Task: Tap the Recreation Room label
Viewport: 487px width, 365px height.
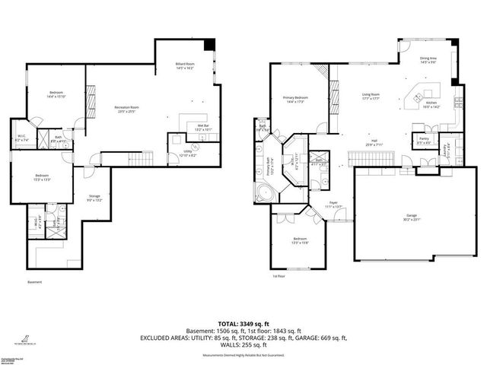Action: pyautogui.click(x=127, y=109)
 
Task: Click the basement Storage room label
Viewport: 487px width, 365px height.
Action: pyautogui.click(x=94, y=198)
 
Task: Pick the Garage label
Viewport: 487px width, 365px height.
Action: pyautogui.click(x=411, y=218)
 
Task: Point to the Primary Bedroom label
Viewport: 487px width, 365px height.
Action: pyautogui.click(x=296, y=99)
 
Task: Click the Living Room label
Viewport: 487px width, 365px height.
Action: pyautogui.click(x=371, y=96)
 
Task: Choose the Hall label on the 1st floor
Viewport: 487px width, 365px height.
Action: pyautogui.click(x=375, y=142)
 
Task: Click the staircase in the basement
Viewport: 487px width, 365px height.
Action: pyautogui.click(x=136, y=158)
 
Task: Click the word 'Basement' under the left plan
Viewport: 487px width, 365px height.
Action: pyautogui.click(x=35, y=282)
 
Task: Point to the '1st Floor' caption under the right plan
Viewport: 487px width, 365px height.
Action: pyautogui.click(x=279, y=276)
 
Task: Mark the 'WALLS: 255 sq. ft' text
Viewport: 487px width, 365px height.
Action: pyautogui.click(x=243, y=344)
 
